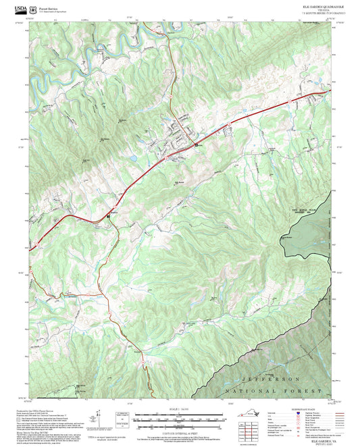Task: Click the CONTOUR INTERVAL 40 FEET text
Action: coord(179,423)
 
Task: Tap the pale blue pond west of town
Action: coord(134,159)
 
